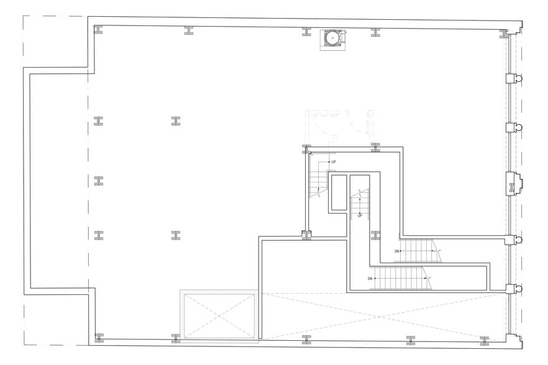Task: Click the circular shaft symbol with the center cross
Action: (333, 38)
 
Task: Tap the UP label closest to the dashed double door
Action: (334, 162)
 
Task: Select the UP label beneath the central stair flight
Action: (359, 215)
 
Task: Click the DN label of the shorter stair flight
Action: (396, 251)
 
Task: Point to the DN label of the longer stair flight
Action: (370, 278)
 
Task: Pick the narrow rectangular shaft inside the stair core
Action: (339, 192)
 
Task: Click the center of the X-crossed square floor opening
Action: (218, 316)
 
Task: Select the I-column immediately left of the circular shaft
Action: (306, 31)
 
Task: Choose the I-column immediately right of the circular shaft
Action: (375, 31)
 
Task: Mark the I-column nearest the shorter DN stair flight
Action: (375, 235)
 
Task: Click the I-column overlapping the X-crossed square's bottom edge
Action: (176, 338)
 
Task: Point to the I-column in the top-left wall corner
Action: (98, 29)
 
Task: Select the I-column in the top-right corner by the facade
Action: (504, 32)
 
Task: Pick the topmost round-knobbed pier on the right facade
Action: (514, 79)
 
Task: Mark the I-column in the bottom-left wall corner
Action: (98, 338)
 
